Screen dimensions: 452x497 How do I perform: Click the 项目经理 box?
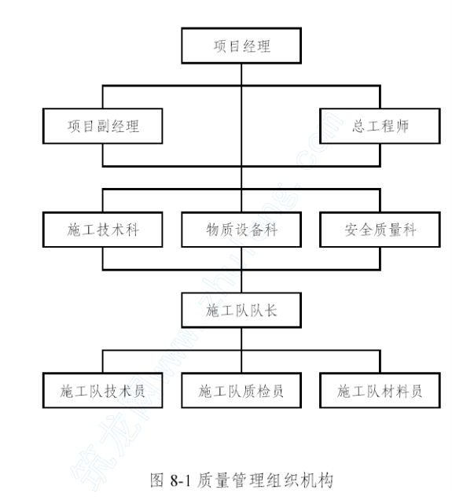click(241, 46)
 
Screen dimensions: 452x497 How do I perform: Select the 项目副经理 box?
click(103, 126)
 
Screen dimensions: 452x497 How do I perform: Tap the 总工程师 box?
click(380, 126)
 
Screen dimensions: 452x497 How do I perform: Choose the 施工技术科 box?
click(103, 230)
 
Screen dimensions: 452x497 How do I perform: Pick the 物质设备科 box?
click(241, 230)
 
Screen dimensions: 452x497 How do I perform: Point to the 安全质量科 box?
click(380, 230)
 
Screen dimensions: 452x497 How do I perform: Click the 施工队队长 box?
click(241, 311)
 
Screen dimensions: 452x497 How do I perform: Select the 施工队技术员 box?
click(103, 391)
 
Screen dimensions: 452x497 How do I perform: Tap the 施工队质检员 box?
click(241, 391)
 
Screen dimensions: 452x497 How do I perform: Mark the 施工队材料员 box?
click(380, 391)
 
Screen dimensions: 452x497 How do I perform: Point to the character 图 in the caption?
click(157, 480)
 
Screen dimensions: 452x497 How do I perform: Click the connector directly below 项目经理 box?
click(241, 75)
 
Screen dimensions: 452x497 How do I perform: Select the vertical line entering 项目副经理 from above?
click(103, 97)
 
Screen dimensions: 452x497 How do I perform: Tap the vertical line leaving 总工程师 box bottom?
click(380, 155)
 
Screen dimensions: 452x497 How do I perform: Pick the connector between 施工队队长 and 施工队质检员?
click(241, 350)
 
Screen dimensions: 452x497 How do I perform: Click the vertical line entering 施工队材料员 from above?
click(380, 362)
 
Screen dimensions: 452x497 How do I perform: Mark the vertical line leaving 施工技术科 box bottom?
click(103, 259)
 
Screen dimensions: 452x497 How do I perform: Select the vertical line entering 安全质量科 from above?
click(380, 201)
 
